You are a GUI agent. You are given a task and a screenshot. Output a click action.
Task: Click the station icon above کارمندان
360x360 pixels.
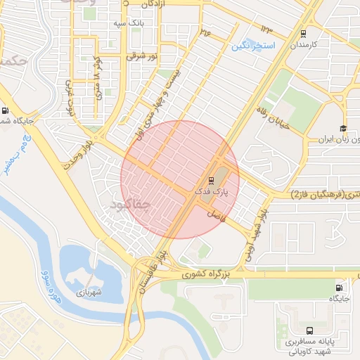303,33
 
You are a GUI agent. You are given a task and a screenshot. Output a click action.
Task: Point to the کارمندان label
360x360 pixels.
304,44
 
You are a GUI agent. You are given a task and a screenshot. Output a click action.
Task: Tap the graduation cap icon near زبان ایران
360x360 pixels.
342,129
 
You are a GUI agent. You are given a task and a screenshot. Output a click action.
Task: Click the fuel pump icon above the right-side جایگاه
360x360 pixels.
340,287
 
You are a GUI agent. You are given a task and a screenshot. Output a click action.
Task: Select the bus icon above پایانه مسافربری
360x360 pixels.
309,330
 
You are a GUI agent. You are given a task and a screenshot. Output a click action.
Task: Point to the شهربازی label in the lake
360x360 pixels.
90,292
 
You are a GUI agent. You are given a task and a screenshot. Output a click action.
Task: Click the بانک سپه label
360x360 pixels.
128,23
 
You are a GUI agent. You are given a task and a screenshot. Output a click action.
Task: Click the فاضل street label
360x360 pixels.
217,214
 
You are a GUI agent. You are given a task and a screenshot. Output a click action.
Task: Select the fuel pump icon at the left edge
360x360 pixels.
6,110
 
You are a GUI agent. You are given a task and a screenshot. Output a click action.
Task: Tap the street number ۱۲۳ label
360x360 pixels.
267,28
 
